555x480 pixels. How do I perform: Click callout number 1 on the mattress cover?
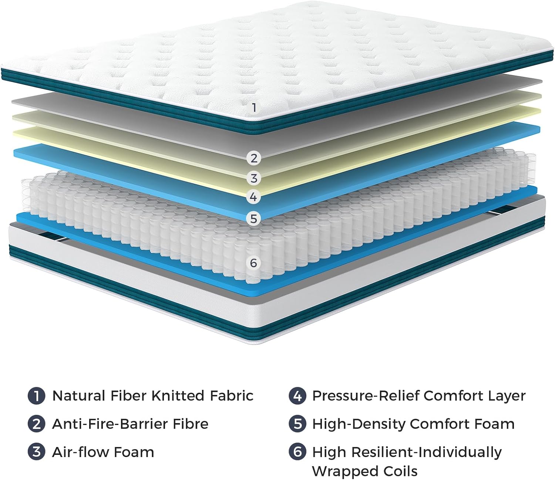[x=254, y=108]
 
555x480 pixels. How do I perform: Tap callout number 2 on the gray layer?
[x=254, y=158]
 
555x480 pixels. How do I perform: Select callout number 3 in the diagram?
[x=254, y=178]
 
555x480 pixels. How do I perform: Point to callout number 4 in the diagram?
[x=253, y=196]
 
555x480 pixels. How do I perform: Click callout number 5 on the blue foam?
[x=253, y=218]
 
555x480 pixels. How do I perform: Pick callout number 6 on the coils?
[x=253, y=263]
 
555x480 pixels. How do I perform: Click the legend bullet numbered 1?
[x=36, y=396]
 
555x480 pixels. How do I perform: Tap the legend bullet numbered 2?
[x=36, y=424]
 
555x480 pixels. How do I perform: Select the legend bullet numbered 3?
[x=36, y=452]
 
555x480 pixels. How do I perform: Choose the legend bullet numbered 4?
[x=297, y=396]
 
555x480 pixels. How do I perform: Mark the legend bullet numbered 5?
[x=297, y=424]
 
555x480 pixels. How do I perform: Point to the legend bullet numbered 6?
[x=297, y=452]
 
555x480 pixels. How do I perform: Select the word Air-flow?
[x=80, y=452]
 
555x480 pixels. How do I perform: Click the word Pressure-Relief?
[x=366, y=396]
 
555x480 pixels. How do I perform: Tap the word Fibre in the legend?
[x=190, y=424]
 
